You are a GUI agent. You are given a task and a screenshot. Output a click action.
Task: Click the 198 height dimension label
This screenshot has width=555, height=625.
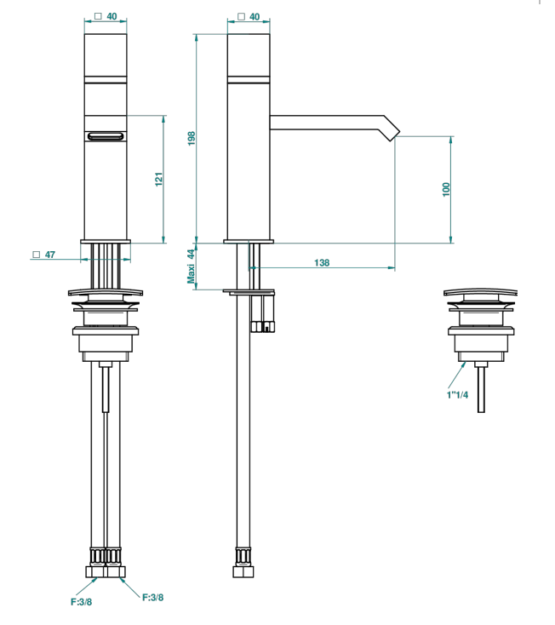point(192,138)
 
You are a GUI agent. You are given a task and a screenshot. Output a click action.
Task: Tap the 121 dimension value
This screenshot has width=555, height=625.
point(159,180)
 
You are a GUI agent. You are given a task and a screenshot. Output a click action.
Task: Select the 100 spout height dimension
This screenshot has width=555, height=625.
point(446,189)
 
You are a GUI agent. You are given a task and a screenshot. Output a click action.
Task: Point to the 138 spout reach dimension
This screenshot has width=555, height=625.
point(322,262)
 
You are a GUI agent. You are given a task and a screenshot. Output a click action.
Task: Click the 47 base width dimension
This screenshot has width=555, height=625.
point(50,255)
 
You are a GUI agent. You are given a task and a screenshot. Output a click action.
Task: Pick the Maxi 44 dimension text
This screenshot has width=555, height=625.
point(192,267)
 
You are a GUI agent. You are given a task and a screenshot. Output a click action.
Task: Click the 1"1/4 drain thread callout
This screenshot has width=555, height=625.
point(457,395)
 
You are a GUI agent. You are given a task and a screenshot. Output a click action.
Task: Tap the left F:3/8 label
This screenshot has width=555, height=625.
point(81,602)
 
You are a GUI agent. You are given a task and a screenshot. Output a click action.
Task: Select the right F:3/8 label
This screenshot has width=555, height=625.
point(153,598)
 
